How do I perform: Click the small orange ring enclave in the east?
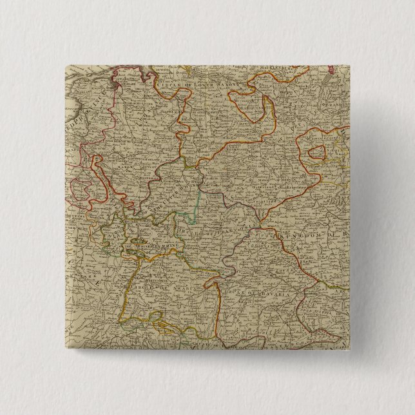317,153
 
